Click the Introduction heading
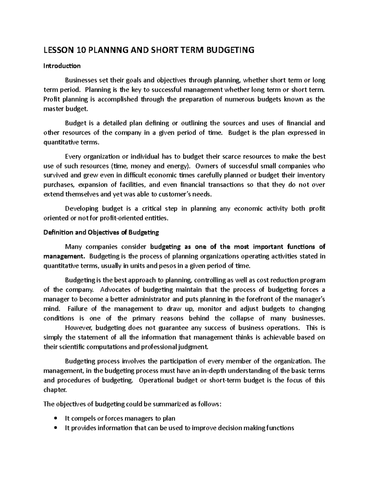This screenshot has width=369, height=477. coord(62,66)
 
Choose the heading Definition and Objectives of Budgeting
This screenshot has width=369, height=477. coord(101,233)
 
